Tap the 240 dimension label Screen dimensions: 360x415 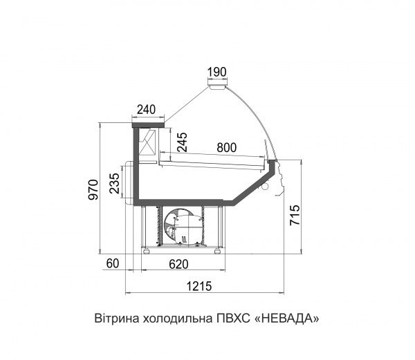[x=147, y=110]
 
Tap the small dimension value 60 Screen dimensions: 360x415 [x=114, y=264]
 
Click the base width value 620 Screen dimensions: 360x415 [x=179, y=264]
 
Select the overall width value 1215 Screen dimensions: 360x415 [x=199, y=286]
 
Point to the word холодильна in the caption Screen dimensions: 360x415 [x=170, y=319]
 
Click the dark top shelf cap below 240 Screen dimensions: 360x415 [x=147, y=124]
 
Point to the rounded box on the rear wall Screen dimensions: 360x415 [x=128, y=183]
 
